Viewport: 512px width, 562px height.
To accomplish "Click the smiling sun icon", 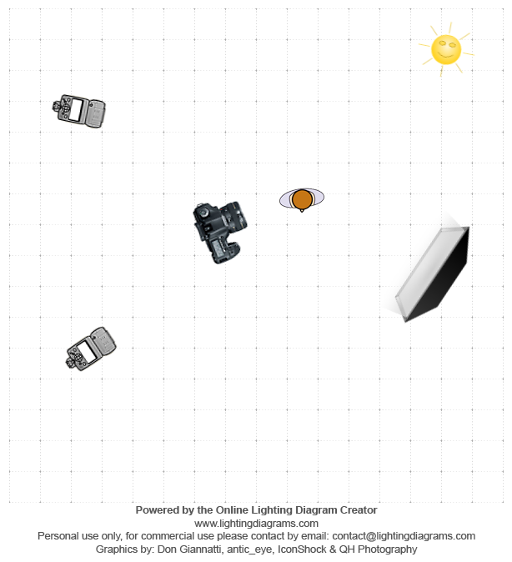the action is [446, 49].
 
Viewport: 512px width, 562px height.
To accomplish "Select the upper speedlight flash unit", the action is [79, 111].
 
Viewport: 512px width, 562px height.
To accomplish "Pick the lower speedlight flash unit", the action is [91, 349].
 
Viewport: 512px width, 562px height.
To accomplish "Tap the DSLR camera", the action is [220, 232].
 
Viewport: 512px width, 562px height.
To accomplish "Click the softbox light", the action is [432, 274].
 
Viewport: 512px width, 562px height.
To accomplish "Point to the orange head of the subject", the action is [302, 199].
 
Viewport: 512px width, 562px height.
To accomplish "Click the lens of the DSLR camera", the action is [235, 216].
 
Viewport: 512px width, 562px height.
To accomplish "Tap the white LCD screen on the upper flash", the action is [76, 110].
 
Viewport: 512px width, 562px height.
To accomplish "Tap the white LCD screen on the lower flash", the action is [87, 352].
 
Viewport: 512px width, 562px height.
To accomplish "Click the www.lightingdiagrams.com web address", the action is [256, 524].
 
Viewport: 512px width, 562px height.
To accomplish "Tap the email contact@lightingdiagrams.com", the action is [404, 536].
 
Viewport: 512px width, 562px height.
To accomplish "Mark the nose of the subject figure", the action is [302, 210].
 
